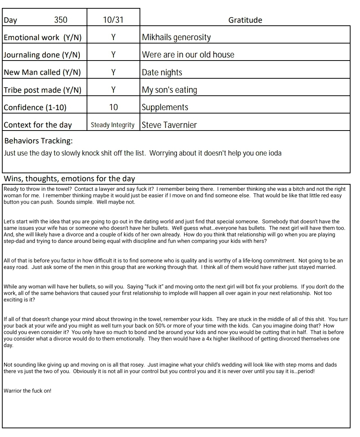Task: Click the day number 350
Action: [61, 20]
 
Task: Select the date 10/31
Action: [113, 20]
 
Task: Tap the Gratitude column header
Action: [245, 20]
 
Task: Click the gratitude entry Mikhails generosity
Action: [176, 37]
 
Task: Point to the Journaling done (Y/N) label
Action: [42, 55]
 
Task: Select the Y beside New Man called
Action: [113, 72]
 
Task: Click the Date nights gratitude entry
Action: [162, 72]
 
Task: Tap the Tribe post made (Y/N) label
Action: [42, 90]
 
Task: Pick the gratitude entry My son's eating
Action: [169, 90]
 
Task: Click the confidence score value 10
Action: [113, 107]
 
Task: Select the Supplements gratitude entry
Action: [165, 107]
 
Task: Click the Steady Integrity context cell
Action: [113, 125]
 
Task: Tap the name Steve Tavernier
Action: [169, 125]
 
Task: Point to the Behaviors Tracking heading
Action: [39, 141]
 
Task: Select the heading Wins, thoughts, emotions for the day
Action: [69, 179]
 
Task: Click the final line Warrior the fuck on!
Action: [27, 391]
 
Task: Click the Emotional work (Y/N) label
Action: [42, 37]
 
